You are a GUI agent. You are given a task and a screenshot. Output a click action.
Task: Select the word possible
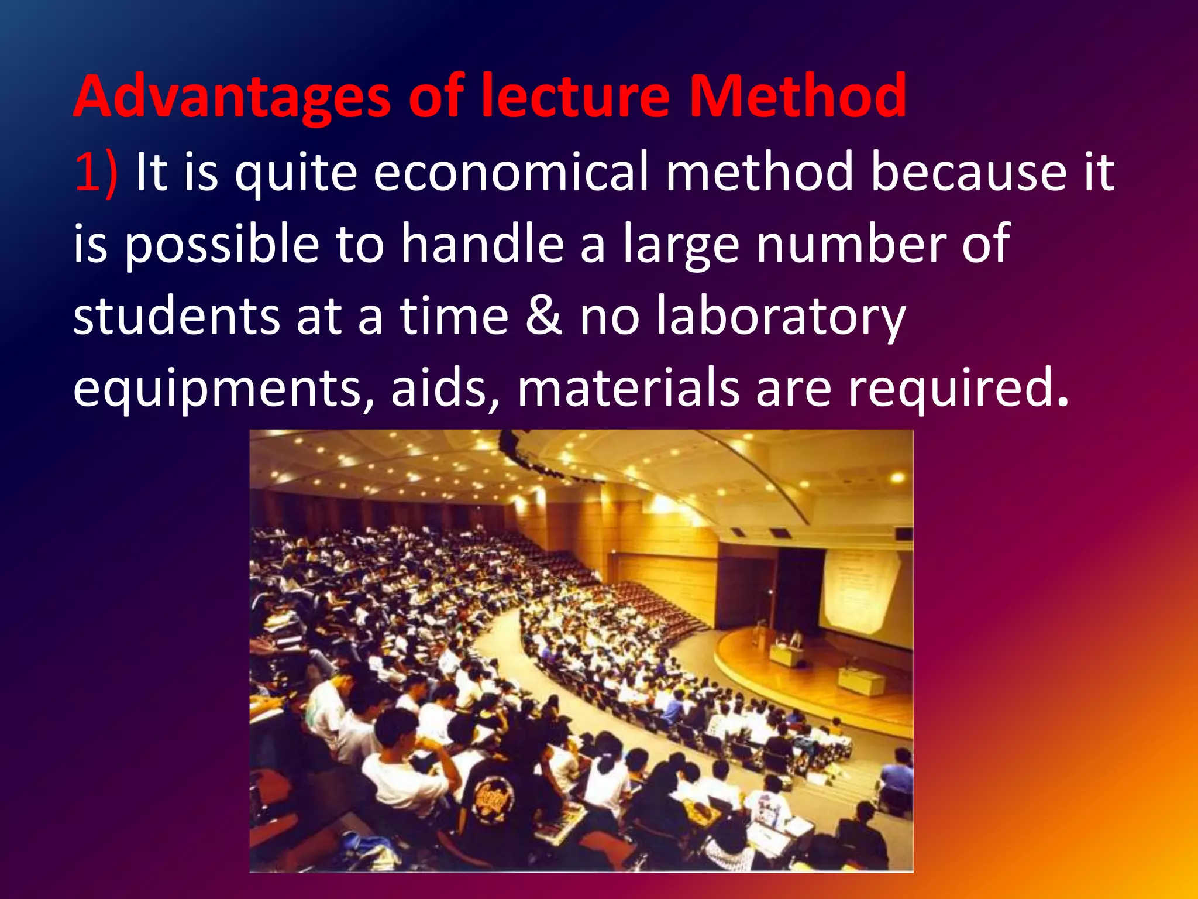pos(222,245)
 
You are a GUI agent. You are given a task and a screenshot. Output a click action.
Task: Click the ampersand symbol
pos(544,316)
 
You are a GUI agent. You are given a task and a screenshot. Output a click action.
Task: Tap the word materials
pos(629,387)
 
